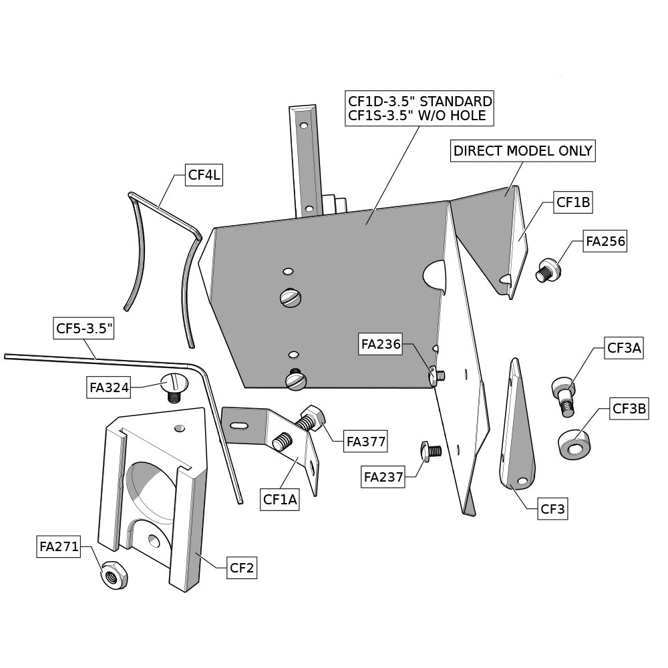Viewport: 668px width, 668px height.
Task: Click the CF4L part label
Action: (x=204, y=176)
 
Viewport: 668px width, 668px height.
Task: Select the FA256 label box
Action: (x=605, y=241)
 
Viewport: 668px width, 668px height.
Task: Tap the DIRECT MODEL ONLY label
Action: (x=522, y=151)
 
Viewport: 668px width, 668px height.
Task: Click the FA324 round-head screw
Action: (x=172, y=386)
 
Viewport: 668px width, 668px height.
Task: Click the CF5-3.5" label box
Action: (x=84, y=328)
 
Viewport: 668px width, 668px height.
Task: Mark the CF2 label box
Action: (x=241, y=568)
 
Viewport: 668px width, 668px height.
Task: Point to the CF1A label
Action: (x=279, y=498)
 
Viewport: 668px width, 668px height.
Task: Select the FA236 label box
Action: (x=381, y=345)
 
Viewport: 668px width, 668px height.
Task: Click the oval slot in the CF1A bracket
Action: (x=239, y=425)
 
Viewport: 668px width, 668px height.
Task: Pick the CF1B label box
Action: (x=573, y=202)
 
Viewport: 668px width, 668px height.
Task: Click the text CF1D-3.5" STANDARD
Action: (x=420, y=102)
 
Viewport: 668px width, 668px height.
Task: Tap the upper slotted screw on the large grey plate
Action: (x=291, y=298)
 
